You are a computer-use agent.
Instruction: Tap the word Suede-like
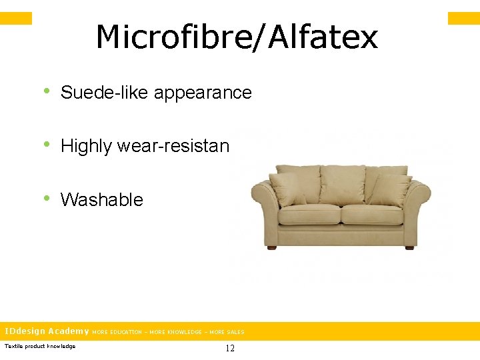click(105, 93)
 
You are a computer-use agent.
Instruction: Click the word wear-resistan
click(173, 146)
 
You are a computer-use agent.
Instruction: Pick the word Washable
click(101, 199)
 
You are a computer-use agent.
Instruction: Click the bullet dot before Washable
click(47, 198)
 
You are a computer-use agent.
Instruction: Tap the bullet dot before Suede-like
click(47, 91)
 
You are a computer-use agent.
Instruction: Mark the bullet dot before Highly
click(47, 145)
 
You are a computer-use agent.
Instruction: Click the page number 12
click(230, 348)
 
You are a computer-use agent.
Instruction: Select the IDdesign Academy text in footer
click(47, 331)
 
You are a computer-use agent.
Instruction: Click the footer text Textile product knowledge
click(40, 346)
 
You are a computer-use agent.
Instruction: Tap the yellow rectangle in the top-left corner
click(16, 18)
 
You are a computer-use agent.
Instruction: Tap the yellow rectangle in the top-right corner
click(463, 18)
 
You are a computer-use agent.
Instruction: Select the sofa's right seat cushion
click(371, 214)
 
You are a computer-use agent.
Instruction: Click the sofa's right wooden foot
click(409, 248)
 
